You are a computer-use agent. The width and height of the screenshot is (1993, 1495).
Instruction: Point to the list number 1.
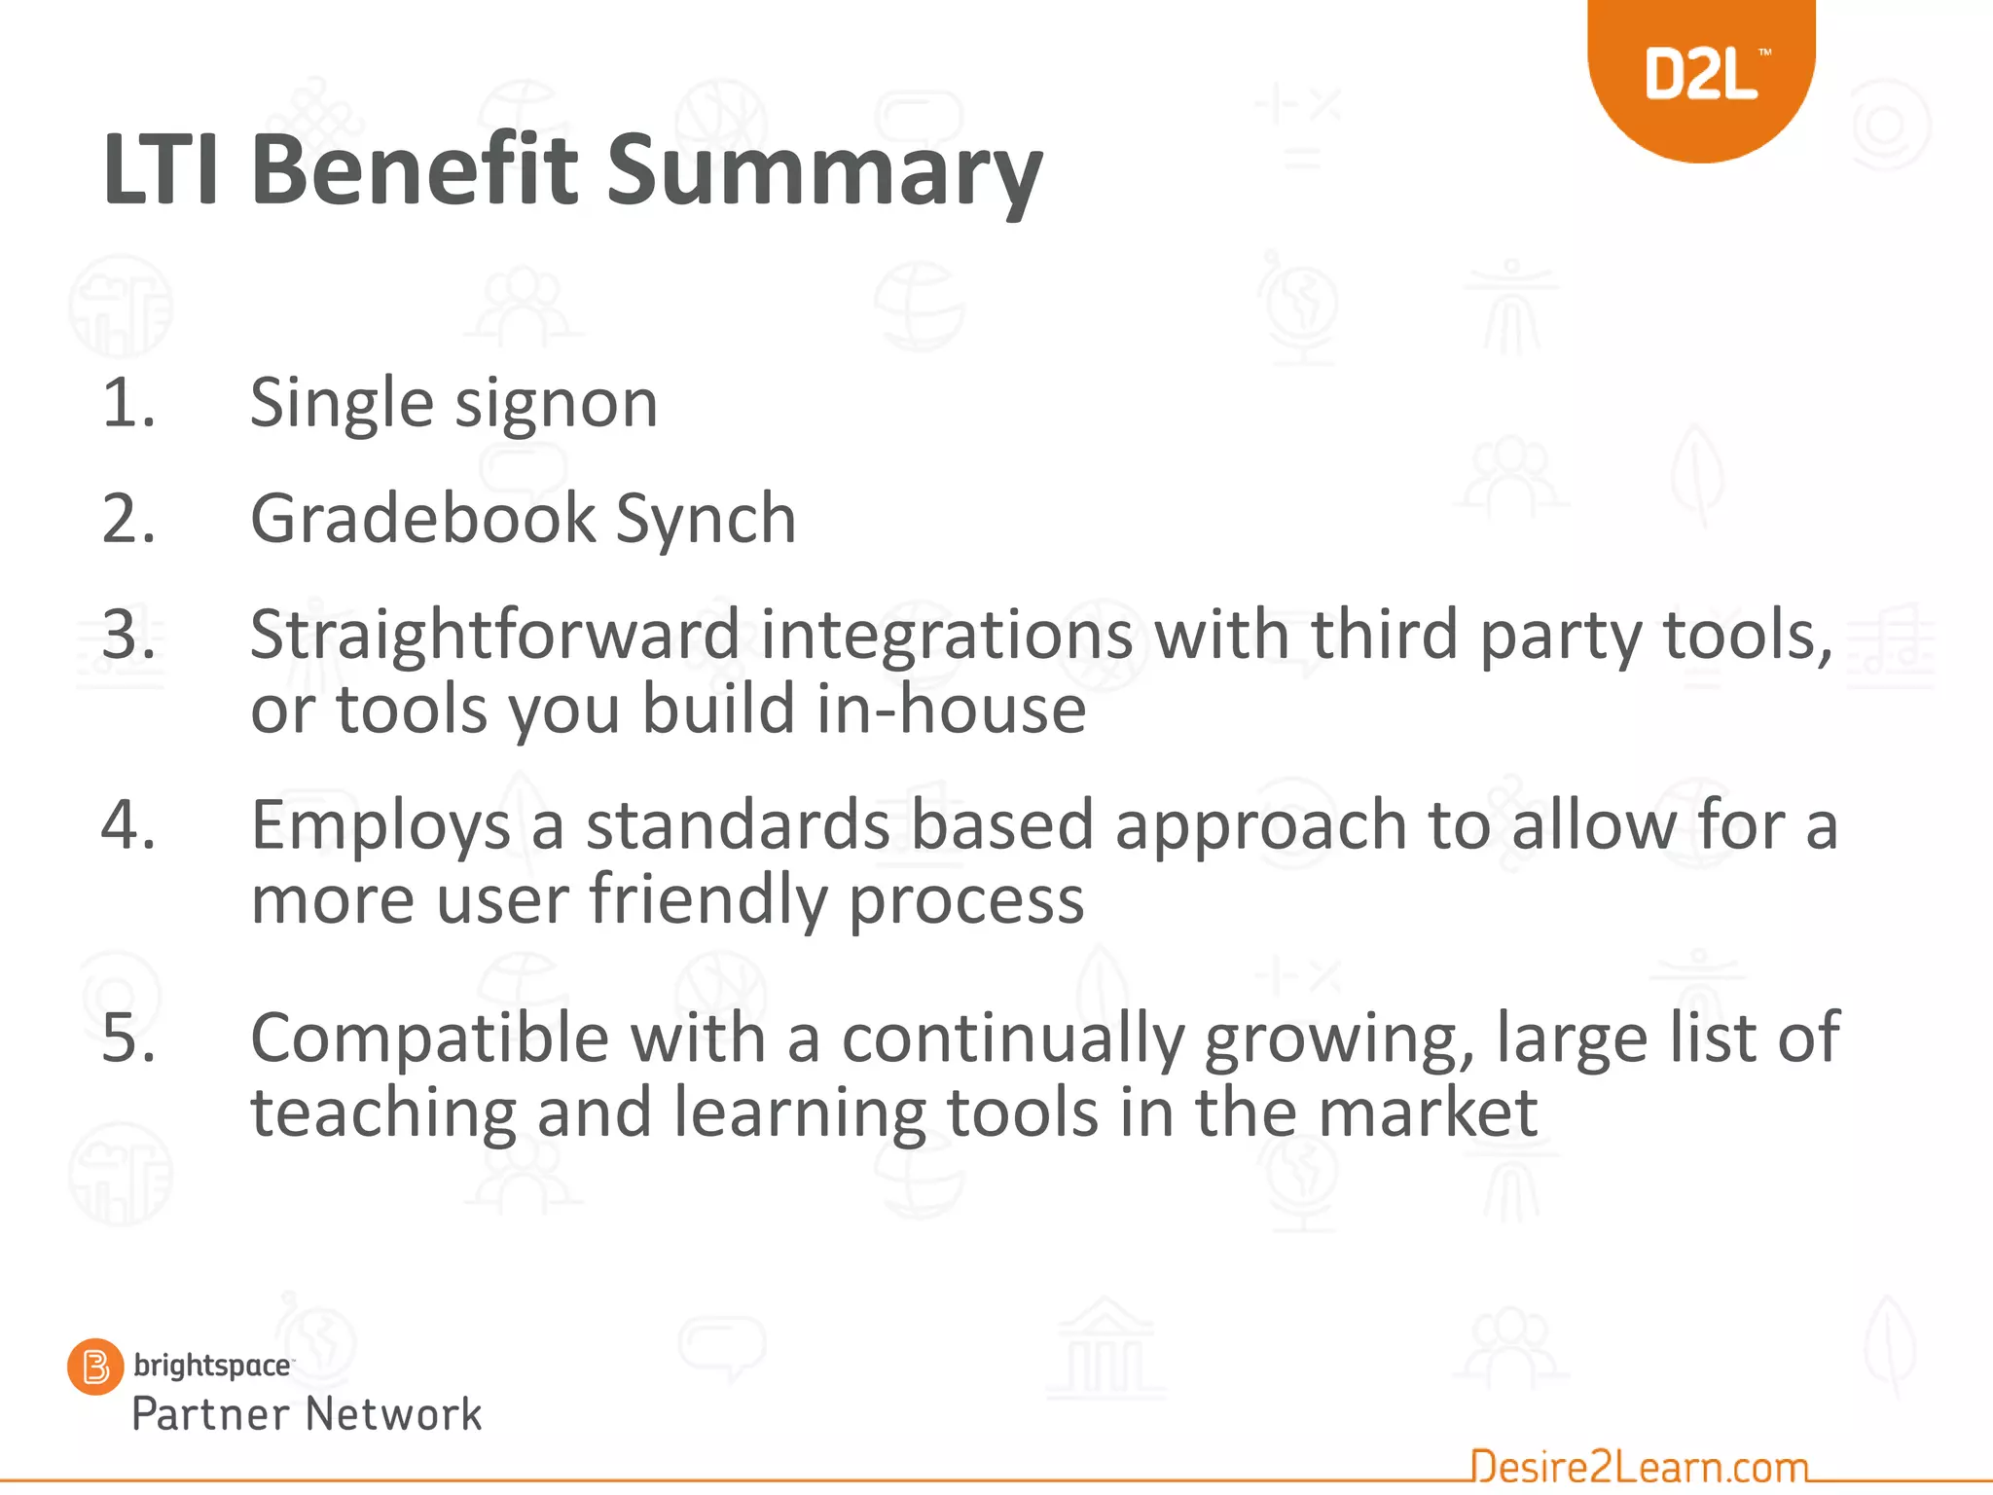[x=127, y=403]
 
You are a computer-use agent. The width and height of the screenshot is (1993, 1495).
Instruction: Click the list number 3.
[x=127, y=635]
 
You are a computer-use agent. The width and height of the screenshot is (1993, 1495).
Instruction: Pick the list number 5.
[x=127, y=1038]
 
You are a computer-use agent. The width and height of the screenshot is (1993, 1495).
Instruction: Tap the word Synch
[x=706, y=520]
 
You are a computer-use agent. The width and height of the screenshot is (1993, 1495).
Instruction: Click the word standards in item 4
[x=738, y=825]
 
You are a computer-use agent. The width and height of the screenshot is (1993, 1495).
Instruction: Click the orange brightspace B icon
[x=95, y=1367]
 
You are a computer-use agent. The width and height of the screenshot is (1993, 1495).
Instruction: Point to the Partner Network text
[x=307, y=1414]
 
